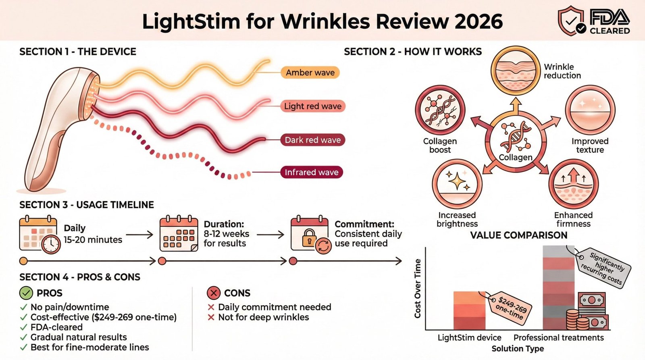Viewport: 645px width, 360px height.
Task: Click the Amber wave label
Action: click(x=310, y=73)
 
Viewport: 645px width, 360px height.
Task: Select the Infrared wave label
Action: click(x=311, y=172)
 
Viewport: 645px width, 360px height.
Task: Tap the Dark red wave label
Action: click(x=312, y=140)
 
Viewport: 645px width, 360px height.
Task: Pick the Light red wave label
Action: click(x=312, y=106)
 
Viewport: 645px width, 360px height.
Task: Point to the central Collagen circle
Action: click(x=516, y=141)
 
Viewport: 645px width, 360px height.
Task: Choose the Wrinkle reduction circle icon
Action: click(x=515, y=71)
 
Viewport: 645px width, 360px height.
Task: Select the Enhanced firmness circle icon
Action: click(x=573, y=184)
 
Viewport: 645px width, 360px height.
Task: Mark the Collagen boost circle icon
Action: click(x=440, y=110)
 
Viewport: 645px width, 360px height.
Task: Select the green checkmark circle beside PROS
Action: click(x=26, y=293)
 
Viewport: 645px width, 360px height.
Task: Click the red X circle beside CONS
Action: click(x=213, y=293)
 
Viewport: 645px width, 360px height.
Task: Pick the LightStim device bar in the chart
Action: click(x=469, y=310)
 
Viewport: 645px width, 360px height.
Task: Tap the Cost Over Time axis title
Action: click(x=418, y=288)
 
